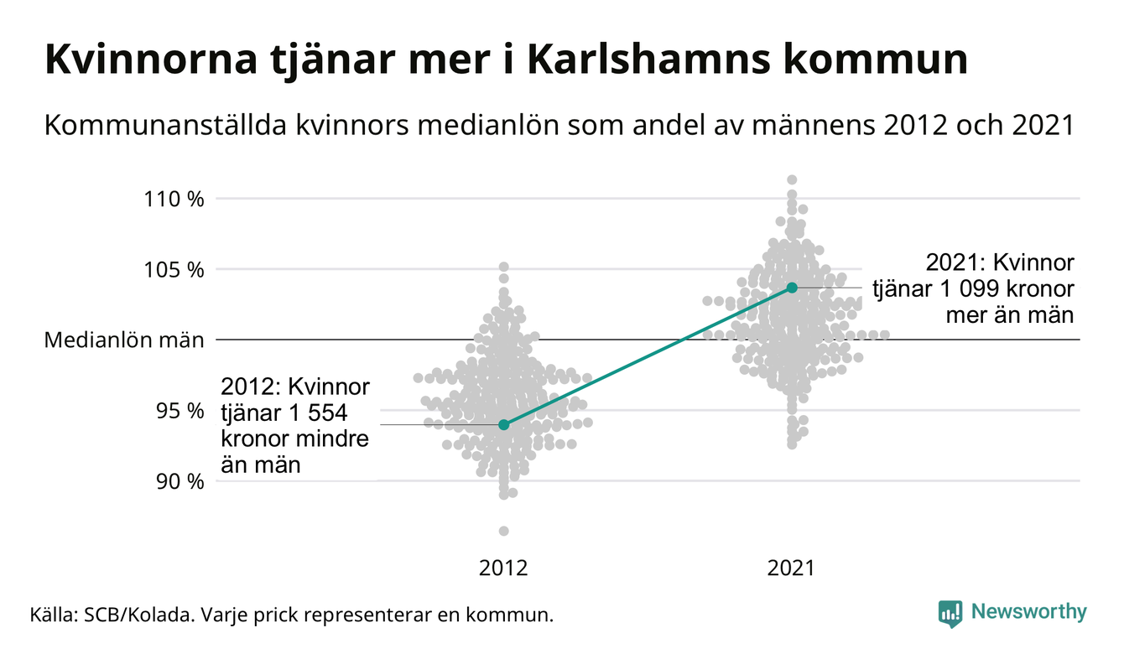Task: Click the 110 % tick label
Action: point(174,200)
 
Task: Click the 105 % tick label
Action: point(174,270)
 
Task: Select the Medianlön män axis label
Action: point(123,340)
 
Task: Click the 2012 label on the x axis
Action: point(503,568)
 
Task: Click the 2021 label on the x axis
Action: point(791,568)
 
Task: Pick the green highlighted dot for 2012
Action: point(503,425)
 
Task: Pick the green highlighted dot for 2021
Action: point(792,288)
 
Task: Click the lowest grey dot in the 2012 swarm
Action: point(503,531)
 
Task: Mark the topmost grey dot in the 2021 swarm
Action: point(792,179)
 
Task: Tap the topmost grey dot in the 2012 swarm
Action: point(503,267)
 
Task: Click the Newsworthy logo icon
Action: point(950,613)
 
